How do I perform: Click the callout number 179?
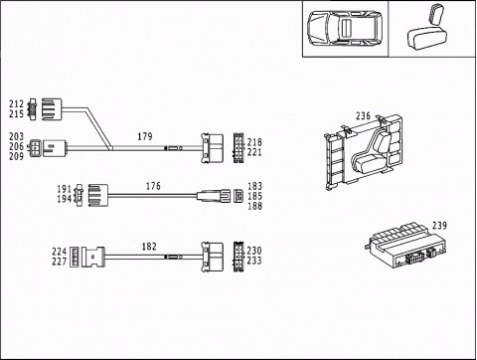[x=145, y=136]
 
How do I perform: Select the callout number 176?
[x=153, y=186]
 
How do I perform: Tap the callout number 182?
[x=149, y=247]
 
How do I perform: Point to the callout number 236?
[x=363, y=116]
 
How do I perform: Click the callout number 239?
[x=439, y=226]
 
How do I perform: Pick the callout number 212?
[x=16, y=104]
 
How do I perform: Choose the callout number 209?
[x=16, y=156]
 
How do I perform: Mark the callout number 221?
[x=254, y=152]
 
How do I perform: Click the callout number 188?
[x=254, y=206]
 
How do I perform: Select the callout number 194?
[x=65, y=199]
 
